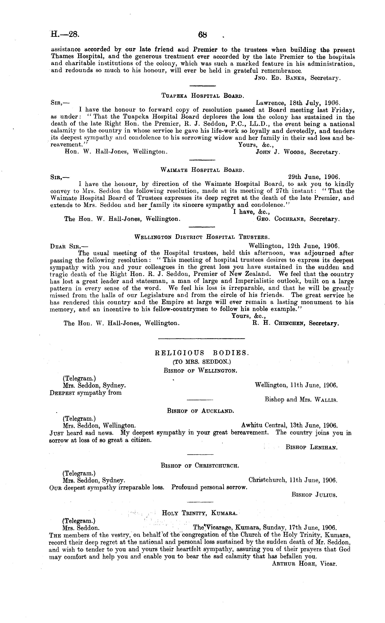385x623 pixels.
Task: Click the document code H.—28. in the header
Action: (x=65, y=34)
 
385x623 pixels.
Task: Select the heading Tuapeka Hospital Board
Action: (x=203, y=96)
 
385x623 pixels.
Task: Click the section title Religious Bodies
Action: (x=202, y=353)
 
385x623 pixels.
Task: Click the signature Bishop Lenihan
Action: (x=312, y=447)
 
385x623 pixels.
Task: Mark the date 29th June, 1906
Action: (x=313, y=177)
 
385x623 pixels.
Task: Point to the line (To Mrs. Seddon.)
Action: (x=202, y=362)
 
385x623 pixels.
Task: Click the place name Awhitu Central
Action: (x=259, y=425)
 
